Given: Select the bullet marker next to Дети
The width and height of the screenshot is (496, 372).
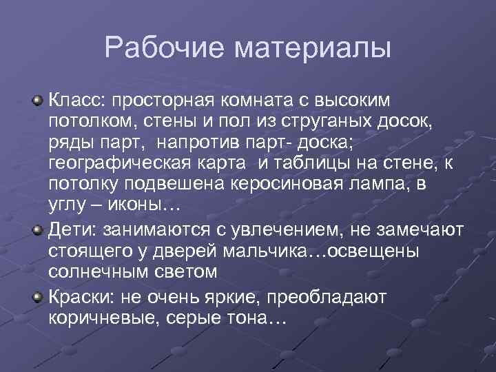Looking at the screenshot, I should coord(39,229).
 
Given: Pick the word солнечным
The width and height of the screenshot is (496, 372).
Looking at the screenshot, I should coord(103,271).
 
